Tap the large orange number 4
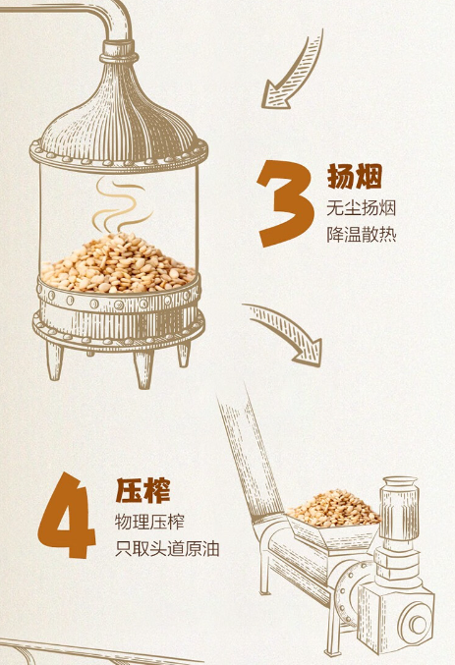(67, 515)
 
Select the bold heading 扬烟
(355, 176)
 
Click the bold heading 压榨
(143, 490)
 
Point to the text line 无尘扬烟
(362, 208)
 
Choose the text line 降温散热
(362, 234)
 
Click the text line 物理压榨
(149, 522)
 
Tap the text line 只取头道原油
(167, 549)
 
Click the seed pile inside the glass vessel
(118, 264)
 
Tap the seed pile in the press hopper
(334, 509)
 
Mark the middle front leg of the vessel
(143, 368)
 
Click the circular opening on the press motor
(417, 623)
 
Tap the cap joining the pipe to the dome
(119, 51)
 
